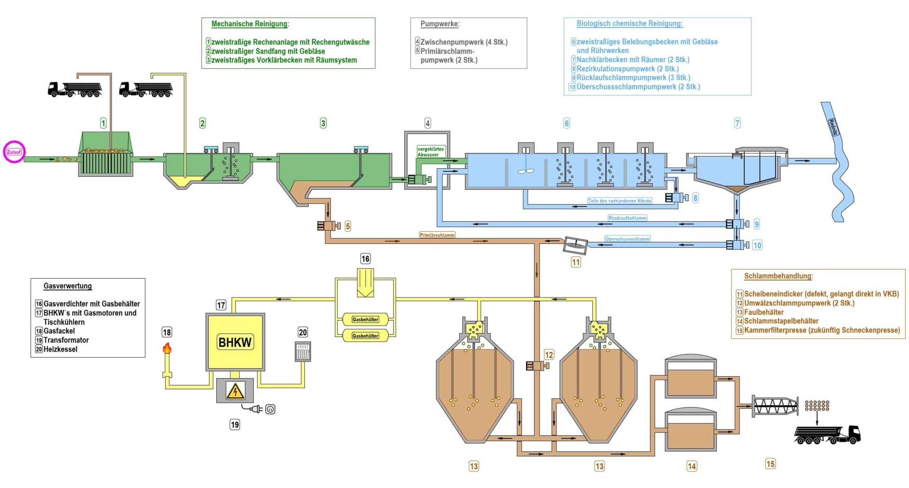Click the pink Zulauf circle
pos(14,152)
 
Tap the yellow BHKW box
pos(235,342)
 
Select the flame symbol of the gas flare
pos(167,349)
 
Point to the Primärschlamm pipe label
pos(437,235)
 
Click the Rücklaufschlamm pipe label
pos(627,218)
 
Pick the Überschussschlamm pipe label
pos(627,239)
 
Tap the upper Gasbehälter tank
pos(365,319)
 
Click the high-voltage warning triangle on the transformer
pos(235,391)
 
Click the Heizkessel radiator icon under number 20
pos(303,352)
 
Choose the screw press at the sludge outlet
pos(775,406)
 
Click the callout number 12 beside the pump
pos(549,355)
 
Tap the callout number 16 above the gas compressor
pos(365,259)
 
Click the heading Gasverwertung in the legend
pos(68,286)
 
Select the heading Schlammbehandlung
pos(778,276)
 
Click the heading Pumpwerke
pos(440,24)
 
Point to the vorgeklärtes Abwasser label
pos(430,152)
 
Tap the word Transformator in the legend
pos(66,340)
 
